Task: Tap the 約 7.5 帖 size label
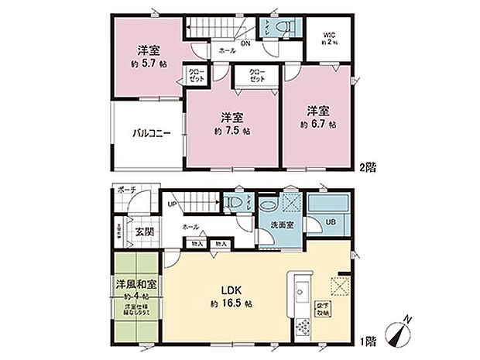click(x=231, y=132)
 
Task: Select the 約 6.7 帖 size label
click(x=318, y=123)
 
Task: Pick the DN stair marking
click(x=245, y=45)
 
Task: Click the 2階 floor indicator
click(x=369, y=166)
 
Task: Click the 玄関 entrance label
click(x=135, y=230)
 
